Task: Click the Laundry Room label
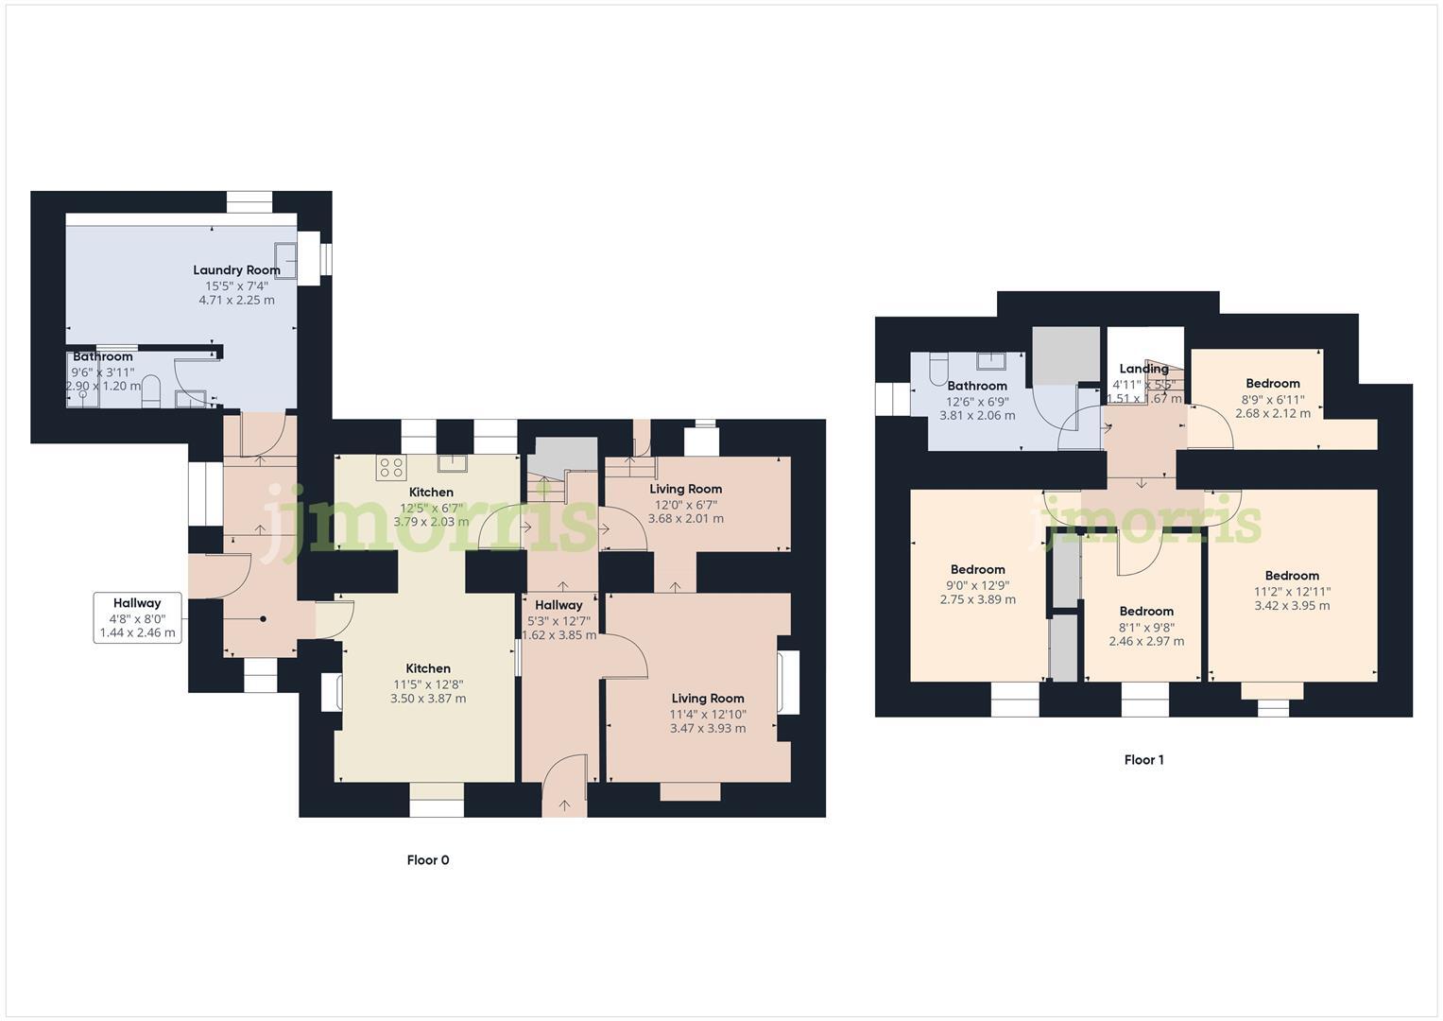tap(236, 269)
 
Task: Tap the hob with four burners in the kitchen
tap(391, 467)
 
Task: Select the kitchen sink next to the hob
tap(452, 463)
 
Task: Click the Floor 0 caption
tap(428, 860)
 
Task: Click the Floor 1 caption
tap(1143, 760)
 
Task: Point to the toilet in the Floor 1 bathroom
tap(938, 368)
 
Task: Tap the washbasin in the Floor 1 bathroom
tap(991, 361)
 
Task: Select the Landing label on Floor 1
tap(1143, 369)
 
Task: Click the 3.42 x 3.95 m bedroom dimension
tap(1292, 606)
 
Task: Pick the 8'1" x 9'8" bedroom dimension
tap(1146, 627)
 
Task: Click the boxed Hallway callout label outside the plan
tap(137, 603)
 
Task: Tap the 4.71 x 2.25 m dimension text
tap(236, 301)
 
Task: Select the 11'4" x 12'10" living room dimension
tap(708, 714)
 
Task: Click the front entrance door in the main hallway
tap(565, 784)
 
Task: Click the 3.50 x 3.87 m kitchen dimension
tap(428, 699)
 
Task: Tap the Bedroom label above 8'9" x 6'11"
tap(1272, 383)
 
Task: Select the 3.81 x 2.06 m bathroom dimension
tap(977, 416)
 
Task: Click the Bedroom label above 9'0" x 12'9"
tap(977, 569)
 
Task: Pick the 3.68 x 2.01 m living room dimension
tap(685, 519)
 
